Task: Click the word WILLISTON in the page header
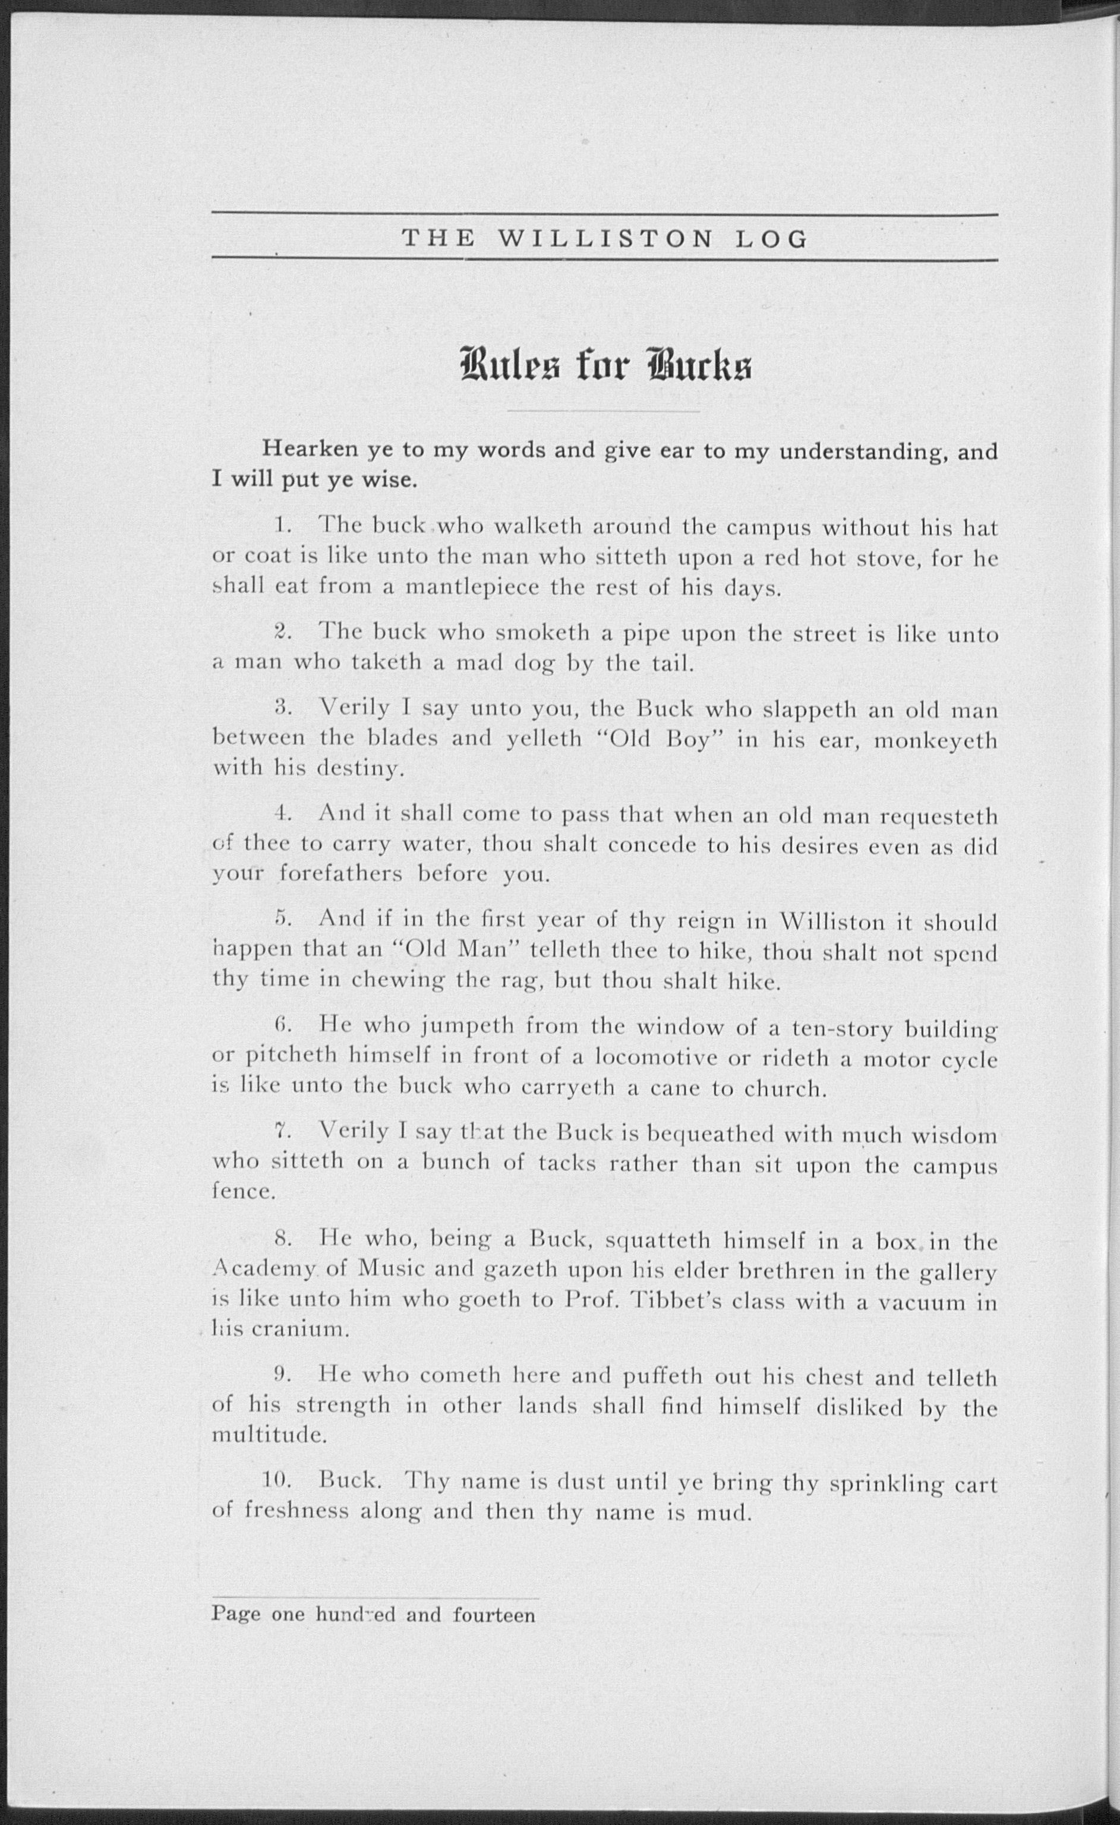click(x=605, y=238)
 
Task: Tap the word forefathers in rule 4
click(x=340, y=874)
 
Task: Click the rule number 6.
click(x=280, y=1026)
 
